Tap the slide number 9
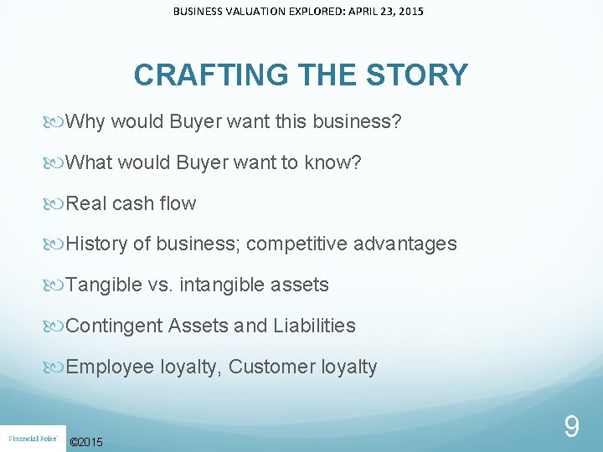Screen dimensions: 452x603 [571, 428]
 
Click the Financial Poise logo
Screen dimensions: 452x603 [32, 438]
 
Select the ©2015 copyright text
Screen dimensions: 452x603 [87, 442]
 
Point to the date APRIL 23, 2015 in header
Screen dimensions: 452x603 [381, 12]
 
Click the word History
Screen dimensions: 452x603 [97, 244]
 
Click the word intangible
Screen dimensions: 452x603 [220, 285]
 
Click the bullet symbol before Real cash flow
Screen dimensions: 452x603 [56, 203]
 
